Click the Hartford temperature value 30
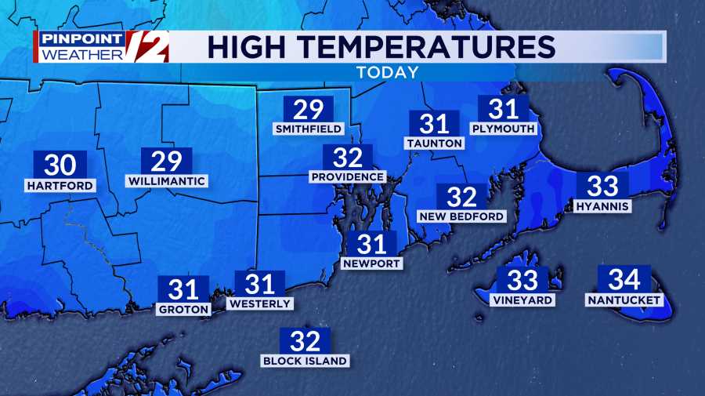click(60, 165)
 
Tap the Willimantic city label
click(166, 181)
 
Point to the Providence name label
click(347, 176)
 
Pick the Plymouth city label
click(503, 128)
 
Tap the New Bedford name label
click(462, 216)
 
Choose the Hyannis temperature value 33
click(602, 186)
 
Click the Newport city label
click(372, 263)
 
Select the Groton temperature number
click(183, 289)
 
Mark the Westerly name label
click(259, 303)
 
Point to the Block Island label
click(305, 361)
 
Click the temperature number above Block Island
click(305, 341)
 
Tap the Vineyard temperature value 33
click(522, 280)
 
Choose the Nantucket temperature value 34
click(624, 279)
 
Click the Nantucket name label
click(624, 300)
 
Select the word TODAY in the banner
click(387, 72)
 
